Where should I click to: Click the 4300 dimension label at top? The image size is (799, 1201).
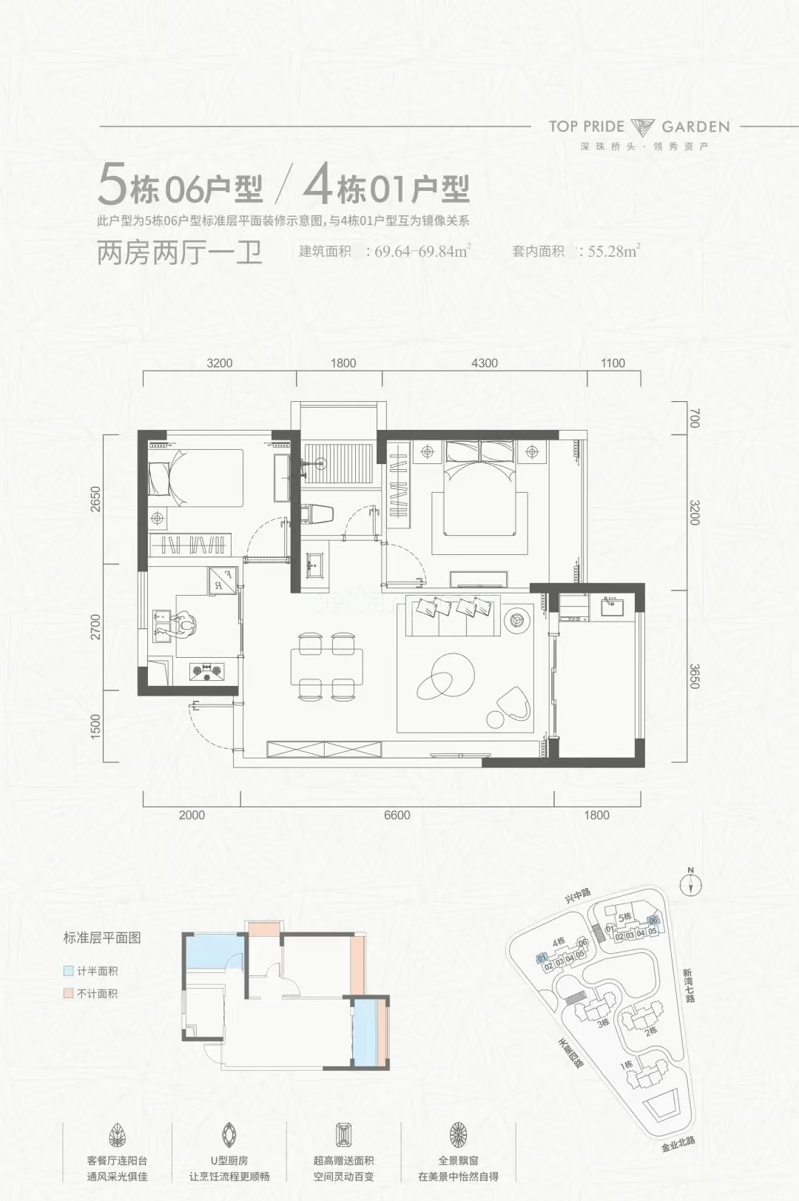tap(484, 363)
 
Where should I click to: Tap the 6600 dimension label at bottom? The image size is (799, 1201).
tap(397, 815)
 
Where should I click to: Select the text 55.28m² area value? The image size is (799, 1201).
tap(613, 251)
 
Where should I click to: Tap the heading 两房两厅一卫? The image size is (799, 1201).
tap(180, 253)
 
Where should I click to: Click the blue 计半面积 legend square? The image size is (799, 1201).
tap(67, 971)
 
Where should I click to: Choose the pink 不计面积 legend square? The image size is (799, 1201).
tap(67, 994)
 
